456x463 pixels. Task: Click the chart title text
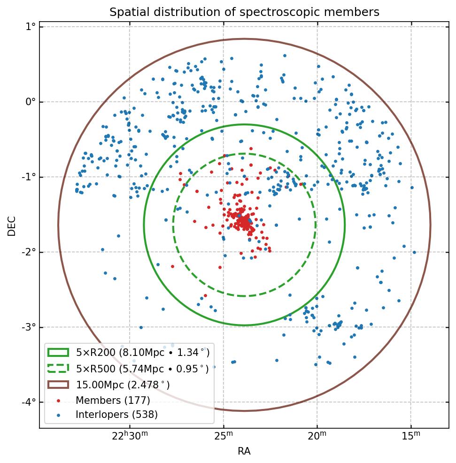[x=244, y=12]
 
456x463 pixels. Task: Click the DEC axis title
[x=12, y=225]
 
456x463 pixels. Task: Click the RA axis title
[x=244, y=451]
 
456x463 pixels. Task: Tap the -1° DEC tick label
[x=29, y=177]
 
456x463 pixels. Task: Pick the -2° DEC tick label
[x=29, y=252]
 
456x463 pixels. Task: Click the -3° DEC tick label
[x=29, y=327]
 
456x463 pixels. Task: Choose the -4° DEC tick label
[x=29, y=402]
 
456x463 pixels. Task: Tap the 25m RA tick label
[x=224, y=436]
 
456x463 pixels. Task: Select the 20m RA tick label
[x=317, y=436]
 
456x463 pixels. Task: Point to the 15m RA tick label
[x=411, y=436]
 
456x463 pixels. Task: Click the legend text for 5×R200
[x=143, y=353]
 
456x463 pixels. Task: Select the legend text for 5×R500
[x=142, y=369]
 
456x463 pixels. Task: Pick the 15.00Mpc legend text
[x=123, y=385]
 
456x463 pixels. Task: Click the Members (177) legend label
[x=113, y=401]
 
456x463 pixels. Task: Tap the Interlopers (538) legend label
[x=116, y=415]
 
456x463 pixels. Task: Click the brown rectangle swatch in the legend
[x=58, y=385]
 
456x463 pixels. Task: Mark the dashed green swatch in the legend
[x=58, y=369]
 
